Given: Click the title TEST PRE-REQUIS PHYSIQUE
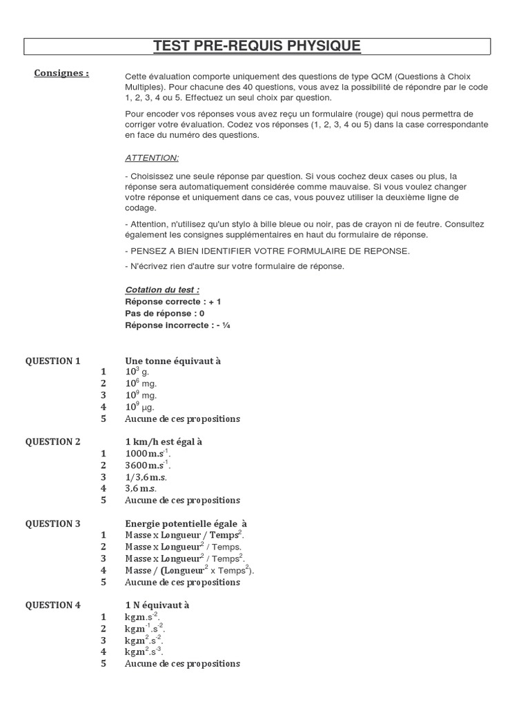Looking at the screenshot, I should pyautogui.click(x=257, y=46).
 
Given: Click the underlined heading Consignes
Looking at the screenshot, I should pyautogui.click(x=61, y=73).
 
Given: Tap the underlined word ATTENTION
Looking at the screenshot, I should pyautogui.click(x=152, y=158).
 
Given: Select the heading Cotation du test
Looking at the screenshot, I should pyautogui.click(x=163, y=290).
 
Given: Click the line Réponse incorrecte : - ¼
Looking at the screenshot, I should pyautogui.click(x=177, y=325).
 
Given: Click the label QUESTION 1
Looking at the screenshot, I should pyautogui.click(x=53, y=361).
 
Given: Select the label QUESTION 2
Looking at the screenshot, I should pyautogui.click(x=53, y=442).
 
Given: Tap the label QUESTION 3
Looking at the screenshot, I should pyautogui.click(x=53, y=524).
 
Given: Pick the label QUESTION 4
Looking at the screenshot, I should pyautogui.click(x=53, y=605).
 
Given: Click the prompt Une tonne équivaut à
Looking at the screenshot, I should pyautogui.click(x=173, y=361).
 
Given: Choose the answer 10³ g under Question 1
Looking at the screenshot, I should pyautogui.click(x=137, y=372).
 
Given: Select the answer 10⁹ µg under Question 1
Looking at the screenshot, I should pyautogui.click(x=141, y=407).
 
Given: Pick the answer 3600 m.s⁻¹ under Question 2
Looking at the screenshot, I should pyautogui.click(x=148, y=465).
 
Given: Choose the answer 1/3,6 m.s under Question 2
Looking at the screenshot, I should pyautogui.click(x=146, y=477).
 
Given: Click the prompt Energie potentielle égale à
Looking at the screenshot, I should pyautogui.click(x=186, y=524).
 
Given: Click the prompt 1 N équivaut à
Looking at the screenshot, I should pyautogui.click(x=157, y=605).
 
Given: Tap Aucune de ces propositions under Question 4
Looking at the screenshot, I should pyautogui.click(x=182, y=663).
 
